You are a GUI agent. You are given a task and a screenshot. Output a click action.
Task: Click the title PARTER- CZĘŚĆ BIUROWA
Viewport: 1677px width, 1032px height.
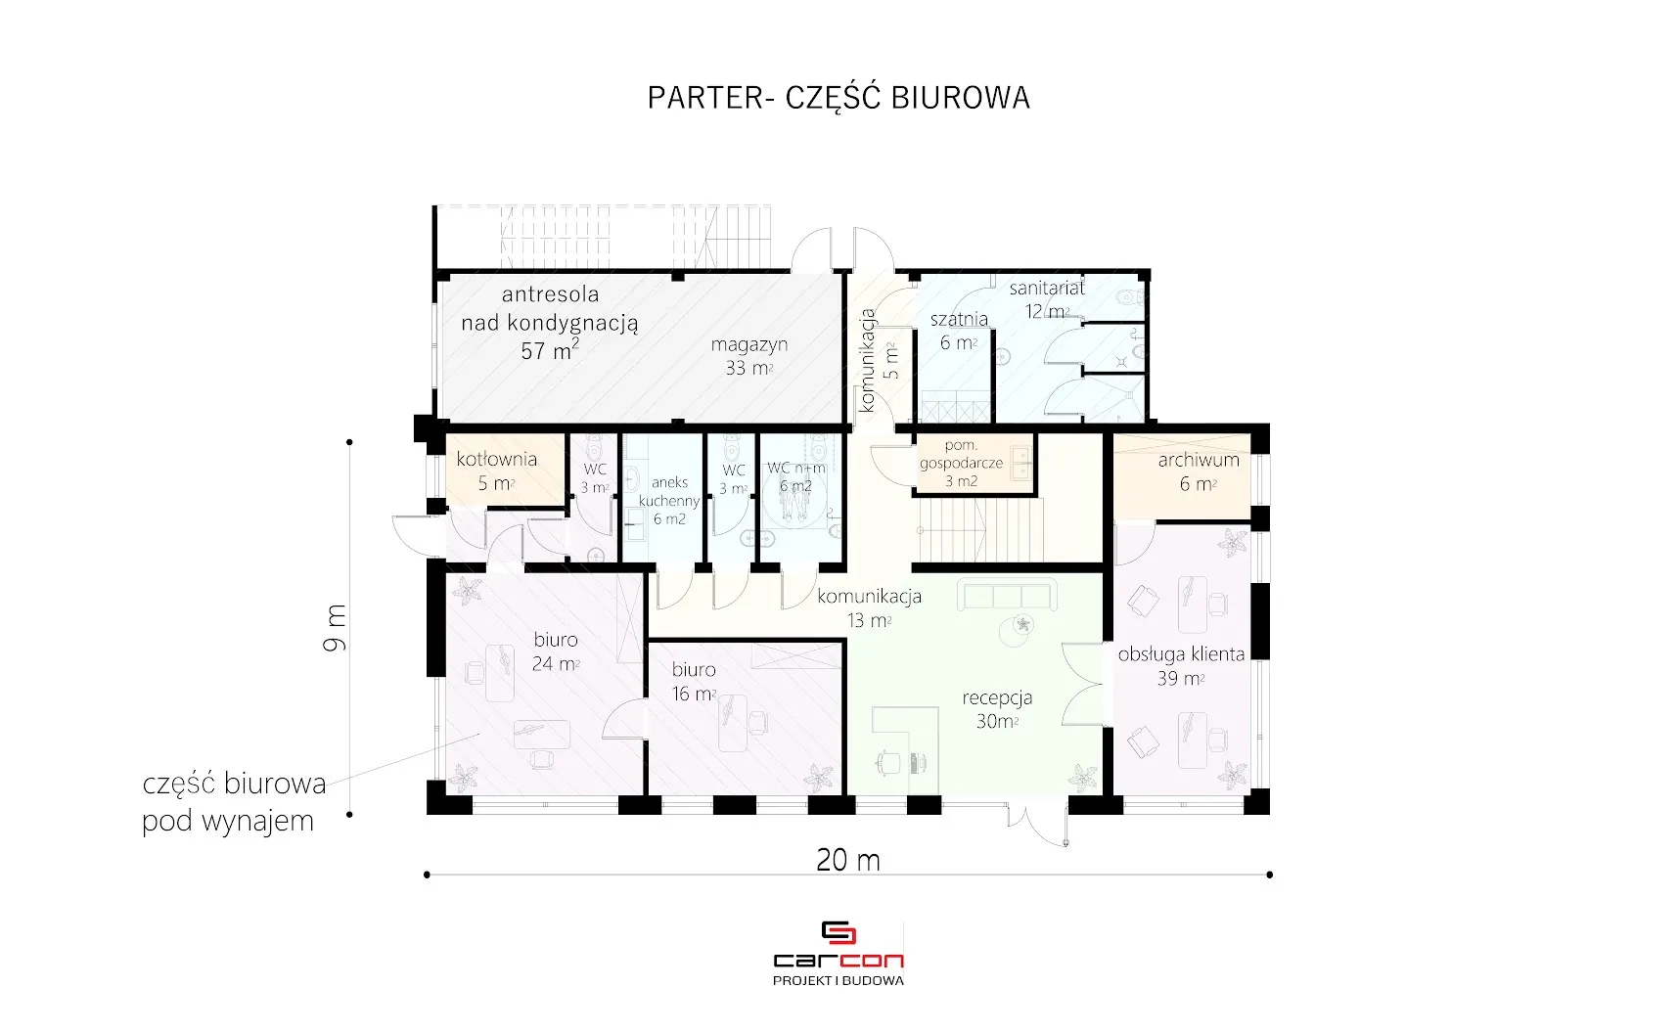pos(838,98)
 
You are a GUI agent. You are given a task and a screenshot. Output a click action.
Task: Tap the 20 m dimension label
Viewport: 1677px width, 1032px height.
pos(847,860)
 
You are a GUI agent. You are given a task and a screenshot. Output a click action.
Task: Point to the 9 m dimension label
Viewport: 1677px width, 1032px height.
pos(335,627)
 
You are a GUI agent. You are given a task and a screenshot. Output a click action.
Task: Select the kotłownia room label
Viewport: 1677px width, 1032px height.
pos(496,471)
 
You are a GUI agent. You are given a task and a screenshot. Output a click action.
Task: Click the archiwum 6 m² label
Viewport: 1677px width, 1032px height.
pos(1198,471)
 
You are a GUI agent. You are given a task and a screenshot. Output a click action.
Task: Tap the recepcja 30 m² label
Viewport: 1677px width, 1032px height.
pos(997,708)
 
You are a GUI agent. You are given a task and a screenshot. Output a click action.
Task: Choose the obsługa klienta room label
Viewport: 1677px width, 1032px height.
pos(1181,666)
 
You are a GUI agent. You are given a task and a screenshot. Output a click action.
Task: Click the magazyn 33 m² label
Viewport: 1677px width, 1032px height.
pos(749,356)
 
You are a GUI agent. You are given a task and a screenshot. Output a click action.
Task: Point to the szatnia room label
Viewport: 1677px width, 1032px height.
pos(959,331)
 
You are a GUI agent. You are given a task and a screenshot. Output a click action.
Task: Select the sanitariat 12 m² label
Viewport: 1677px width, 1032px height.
pos(1047,299)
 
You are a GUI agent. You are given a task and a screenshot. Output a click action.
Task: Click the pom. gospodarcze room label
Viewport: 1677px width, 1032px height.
pos(961,464)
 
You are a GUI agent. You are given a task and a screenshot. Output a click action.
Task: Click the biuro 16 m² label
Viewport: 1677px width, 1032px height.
pos(694,681)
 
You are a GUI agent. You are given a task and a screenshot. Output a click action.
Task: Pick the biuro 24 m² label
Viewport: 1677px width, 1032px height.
pos(556,651)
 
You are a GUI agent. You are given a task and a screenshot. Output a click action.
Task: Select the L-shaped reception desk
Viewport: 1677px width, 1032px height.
pos(905,748)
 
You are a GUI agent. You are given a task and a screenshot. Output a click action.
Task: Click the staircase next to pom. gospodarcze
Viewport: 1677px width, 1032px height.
pos(981,530)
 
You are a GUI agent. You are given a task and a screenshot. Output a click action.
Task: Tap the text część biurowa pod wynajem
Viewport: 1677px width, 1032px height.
pos(235,802)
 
